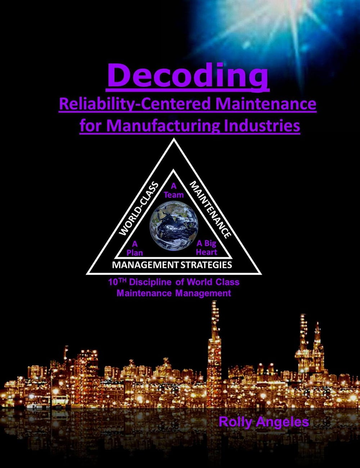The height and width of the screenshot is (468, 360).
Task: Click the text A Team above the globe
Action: [x=174, y=190]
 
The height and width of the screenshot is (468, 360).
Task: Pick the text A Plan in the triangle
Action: [x=135, y=249]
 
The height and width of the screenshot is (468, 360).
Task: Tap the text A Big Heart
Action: [x=207, y=248]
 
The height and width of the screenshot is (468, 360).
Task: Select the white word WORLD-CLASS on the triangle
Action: [x=138, y=209]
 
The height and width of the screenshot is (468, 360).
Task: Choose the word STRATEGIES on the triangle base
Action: [x=206, y=265]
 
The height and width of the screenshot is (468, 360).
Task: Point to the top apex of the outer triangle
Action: [x=174, y=138]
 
